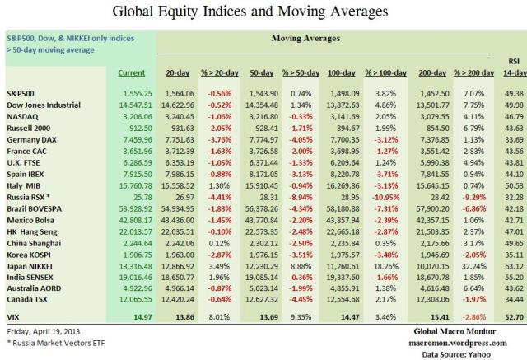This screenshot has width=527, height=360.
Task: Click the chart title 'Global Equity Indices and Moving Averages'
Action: click(x=263, y=12)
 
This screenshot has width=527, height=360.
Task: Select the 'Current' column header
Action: click(x=131, y=73)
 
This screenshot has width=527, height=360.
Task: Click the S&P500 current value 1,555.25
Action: click(x=133, y=95)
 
